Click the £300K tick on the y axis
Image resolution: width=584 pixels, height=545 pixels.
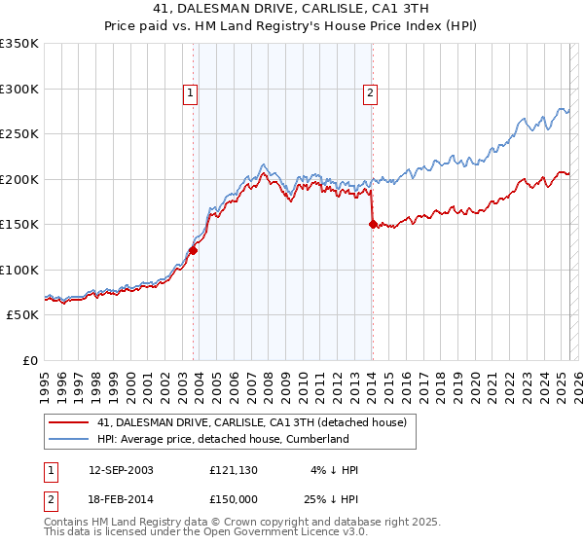click(19, 89)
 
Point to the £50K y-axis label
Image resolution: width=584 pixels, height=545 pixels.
click(22, 315)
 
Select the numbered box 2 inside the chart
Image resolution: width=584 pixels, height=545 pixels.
click(371, 94)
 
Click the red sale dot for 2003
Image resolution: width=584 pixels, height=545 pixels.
click(194, 250)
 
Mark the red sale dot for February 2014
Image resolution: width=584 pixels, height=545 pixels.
click(373, 224)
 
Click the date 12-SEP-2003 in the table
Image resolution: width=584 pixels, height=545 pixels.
click(121, 470)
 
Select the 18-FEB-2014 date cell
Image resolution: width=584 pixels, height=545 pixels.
click(121, 499)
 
